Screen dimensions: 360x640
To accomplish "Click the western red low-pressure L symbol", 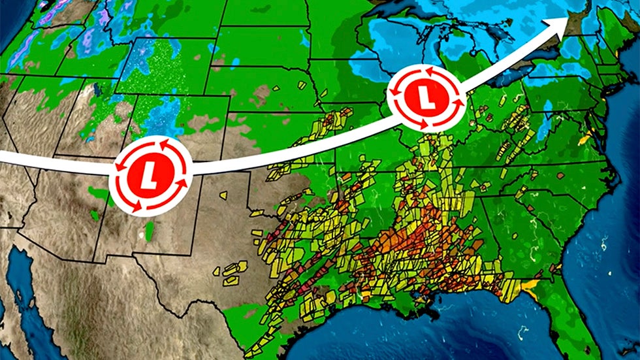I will point(151,174).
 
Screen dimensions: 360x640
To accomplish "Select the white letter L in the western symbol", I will point(151,174).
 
